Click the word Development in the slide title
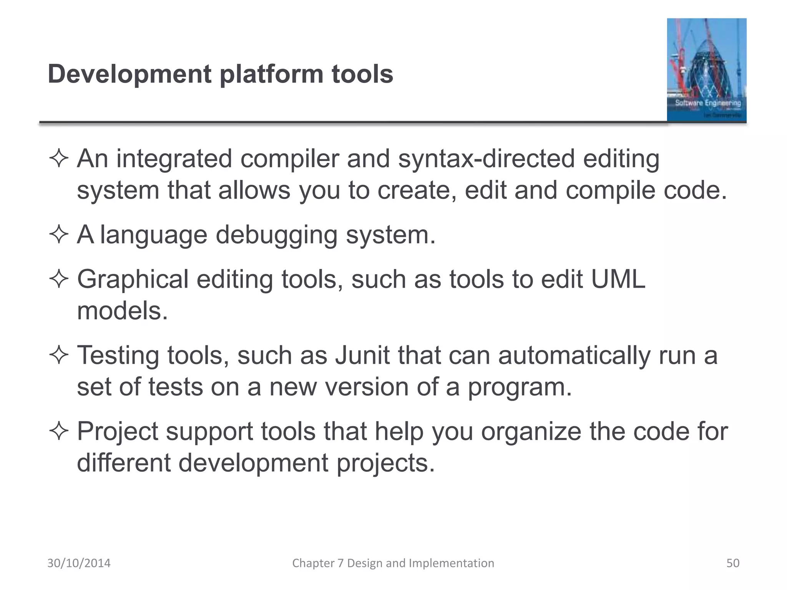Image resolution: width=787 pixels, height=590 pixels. click(130, 74)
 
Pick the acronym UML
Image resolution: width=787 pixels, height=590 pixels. click(618, 279)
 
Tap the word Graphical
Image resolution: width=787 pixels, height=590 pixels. click(133, 279)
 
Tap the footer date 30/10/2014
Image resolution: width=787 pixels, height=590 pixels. click(79, 563)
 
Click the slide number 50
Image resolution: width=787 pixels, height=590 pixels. click(732, 563)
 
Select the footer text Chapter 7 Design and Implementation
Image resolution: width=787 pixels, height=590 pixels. click(393, 563)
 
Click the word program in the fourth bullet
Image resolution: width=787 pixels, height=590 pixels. click(520, 387)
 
